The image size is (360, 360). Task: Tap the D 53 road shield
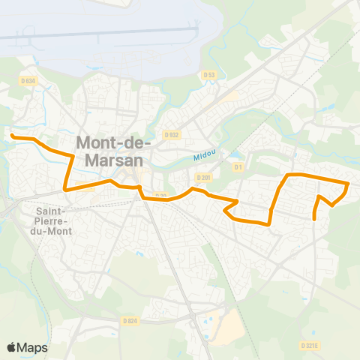pyautogui.click(x=209, y=74)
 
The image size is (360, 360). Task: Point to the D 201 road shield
pyautogui.click(x=203, y=177)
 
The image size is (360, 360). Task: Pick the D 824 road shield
pyautogui.click(x=130, y=321)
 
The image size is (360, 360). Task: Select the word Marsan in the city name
pyautogui.click(x=113, y=160)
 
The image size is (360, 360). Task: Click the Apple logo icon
pyautogui.click(x=12, y=346)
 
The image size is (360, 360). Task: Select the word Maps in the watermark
pyautogui.click(x=33, y=346)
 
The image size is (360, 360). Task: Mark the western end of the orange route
pyautogui.click(x=11, y=136)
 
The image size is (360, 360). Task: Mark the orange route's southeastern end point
pyautogui.click(x=313, y=219)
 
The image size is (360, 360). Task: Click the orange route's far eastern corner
pyautogui.click(x=349, y=183)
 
